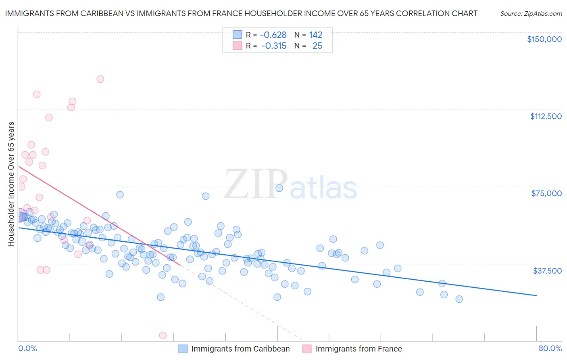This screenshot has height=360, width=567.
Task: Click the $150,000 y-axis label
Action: (x=544, y=39)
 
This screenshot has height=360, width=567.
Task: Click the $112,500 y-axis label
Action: (x=546, y=116)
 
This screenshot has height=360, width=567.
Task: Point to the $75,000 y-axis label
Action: (x=546, y=193)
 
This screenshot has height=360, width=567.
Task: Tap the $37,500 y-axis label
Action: (x=547, y=270)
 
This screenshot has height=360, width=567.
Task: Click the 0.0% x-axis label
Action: (x=27, y=348)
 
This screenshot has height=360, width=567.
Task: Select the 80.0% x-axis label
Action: (x=550, y=348)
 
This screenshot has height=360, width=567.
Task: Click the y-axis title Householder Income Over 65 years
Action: (x=11, y=184)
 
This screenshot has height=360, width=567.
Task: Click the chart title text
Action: (x=241, y=13)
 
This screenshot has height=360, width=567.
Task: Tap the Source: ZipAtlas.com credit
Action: (x=531, y=13)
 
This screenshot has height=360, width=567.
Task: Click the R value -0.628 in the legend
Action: (x=273, y=35)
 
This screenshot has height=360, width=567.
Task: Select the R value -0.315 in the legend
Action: (x=274, y=46)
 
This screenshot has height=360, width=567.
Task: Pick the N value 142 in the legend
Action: (x=315, y=35)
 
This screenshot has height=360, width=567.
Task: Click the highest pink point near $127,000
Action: (x=100, y=79)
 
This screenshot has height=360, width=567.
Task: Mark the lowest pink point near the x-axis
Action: (x=163, y=335)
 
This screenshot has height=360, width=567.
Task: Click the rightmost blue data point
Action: (x=459, y=299)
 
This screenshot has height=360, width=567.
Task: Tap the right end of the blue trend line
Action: (x=536, y=296)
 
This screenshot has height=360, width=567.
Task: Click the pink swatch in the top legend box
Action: (x=238, y=46)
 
